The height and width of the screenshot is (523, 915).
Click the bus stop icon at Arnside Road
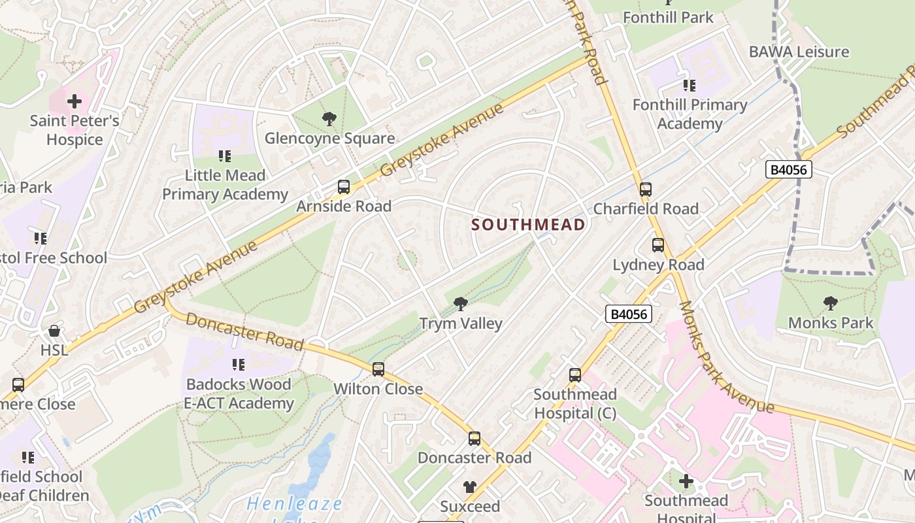(344, 187)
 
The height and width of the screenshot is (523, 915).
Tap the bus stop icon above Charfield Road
(646, 190)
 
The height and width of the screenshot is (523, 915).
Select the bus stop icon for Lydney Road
(658, 245)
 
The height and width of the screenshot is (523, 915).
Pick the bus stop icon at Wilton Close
(378, 369)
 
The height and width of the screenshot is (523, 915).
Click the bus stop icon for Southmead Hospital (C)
(575, 375)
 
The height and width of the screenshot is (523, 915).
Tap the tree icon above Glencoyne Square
(329, 119)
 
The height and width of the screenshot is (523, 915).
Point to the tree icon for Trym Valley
(461, 303)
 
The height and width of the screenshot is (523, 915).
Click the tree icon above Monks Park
(831, 303)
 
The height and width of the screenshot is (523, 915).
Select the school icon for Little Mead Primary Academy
(225, 156)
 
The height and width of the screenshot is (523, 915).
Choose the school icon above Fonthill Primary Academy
(690, 85)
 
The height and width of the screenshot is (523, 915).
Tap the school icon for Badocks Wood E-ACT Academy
(239, 364)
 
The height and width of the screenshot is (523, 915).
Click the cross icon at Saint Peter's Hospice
(75, 101)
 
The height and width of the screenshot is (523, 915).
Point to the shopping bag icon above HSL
(54, 331)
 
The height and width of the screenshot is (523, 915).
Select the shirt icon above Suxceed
(470, 486)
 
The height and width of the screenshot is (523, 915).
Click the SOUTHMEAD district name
(528, 225)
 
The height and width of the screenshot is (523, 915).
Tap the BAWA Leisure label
(799, 52)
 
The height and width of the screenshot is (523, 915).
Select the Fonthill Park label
(668, 17)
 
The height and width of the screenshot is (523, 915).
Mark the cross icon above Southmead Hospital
(686, 482)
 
